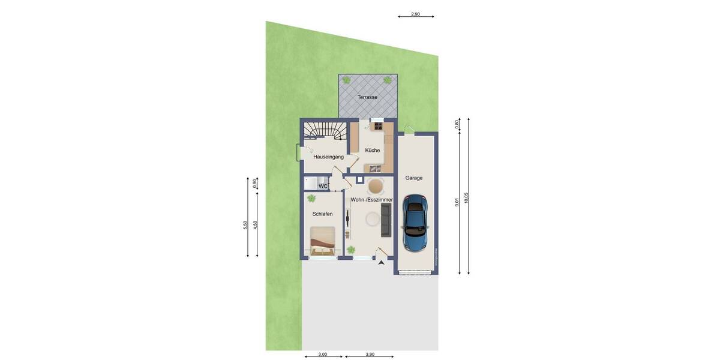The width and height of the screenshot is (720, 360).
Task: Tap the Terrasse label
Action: pyautogui.click(x=367, y=97)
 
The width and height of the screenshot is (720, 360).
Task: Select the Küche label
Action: pyautogui.click(x=372, y=151)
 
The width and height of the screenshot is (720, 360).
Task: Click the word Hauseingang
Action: pyautogui.click(x=328, y=157)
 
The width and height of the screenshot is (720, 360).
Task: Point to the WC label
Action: pyautogui.click(x=323, y=187)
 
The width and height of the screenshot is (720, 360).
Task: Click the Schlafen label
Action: pyautogui.click(x=322, y=214)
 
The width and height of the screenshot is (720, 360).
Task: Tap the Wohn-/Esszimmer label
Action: pyautogui.click(x=371, y=200)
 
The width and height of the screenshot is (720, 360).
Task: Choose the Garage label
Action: pyautogui.click(x=413, y=178)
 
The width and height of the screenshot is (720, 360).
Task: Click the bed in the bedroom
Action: pyautogui.click(x=322, y=241)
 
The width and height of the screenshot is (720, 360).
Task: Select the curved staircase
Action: pyautogui.click(x=324, y=130)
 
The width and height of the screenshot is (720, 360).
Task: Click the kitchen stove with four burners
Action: pyautogui.click(x=378, y=126)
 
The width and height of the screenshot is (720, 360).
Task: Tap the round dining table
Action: pyautogui.click(x=376, y=185)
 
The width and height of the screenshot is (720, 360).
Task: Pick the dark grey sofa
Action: pyautogui.click(x=386, y=219)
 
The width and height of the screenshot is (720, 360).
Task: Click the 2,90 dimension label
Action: pyautogui.click(x=415, y=14)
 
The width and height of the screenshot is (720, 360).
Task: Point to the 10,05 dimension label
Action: pyautogui.click(x=466, y=199)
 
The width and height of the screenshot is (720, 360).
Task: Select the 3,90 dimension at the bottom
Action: pyautogui.click(x=370, y=354)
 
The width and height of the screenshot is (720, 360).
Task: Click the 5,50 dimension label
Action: pyautogui.click(x=245, y=224)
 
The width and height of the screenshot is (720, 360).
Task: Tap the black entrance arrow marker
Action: pyautogui.click(x=381, y=262)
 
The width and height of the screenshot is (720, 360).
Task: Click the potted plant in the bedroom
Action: pyautogui.click(x=311, y=198)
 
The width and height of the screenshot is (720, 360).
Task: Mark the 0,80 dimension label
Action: pyautogui.click(x=457, y=124)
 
